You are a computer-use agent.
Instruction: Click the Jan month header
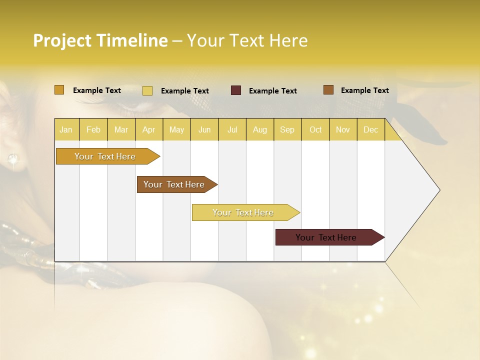point(66,130)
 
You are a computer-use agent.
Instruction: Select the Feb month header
point(93,130)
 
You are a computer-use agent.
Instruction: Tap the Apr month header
point(148,130)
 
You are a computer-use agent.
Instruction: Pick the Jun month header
point(204,130)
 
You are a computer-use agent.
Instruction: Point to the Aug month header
point(259,130)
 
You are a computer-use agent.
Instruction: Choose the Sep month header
point(287,130)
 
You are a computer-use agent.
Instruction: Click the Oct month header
point(315,130)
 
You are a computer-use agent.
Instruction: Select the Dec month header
point(370,130)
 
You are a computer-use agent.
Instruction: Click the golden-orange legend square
point(59,90)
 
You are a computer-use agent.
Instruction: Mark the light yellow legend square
point(147,90)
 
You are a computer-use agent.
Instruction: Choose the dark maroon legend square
point(236,90)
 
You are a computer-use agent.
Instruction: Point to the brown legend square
point(328,90)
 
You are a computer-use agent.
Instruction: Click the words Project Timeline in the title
point(100,40)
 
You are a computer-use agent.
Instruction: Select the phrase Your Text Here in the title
point(247,40)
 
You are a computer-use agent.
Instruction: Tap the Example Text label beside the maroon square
point(273,91)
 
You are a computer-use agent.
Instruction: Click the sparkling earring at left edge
point(12,160)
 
